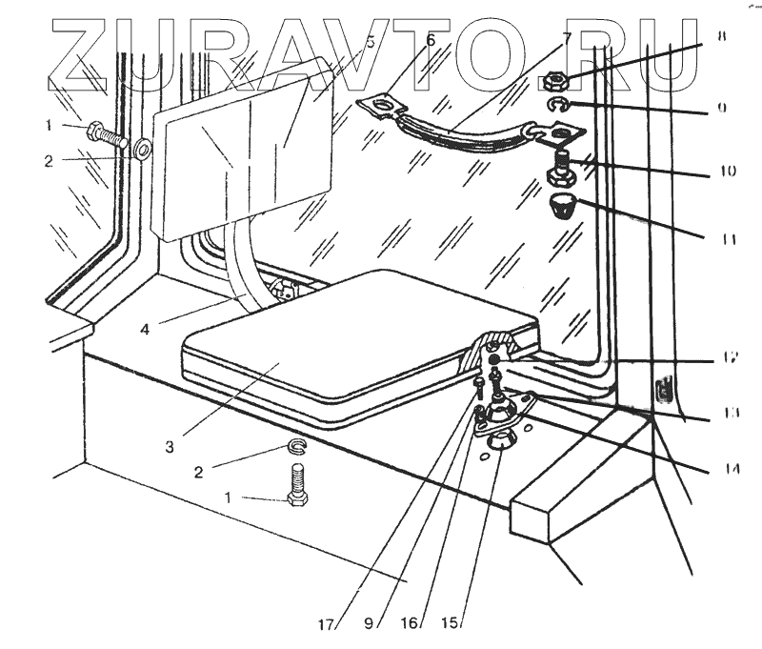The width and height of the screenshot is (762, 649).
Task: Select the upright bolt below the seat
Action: pyautogui.click(x=296, y=485)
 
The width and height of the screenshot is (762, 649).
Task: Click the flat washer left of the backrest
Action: pyautogui.click(x=143, y=150)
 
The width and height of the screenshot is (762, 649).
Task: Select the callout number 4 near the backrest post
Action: pyautogui.click(x=145, y=331)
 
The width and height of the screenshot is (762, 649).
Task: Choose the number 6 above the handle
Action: pyautogui.click(x=430, y=40)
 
